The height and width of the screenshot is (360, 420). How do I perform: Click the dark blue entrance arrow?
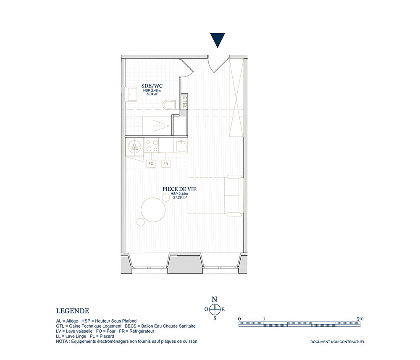(218, 40)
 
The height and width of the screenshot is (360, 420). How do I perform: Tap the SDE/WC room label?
(152, 86)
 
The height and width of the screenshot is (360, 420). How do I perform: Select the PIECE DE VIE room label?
(179, 189)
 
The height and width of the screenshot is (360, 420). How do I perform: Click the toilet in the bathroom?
(169, 105)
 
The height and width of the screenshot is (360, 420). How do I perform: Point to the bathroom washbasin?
(131, 94)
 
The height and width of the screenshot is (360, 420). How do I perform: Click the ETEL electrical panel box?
(184, 102)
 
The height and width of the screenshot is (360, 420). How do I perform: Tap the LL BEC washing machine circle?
(135, 147)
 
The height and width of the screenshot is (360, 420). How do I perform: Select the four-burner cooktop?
(151, 146)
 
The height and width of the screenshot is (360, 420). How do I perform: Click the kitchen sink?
(181, 146)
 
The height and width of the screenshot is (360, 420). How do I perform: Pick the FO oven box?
(151, 163)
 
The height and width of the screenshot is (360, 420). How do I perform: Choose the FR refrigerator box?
(166, 163)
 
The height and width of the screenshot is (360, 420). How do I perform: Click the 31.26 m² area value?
(180, 197)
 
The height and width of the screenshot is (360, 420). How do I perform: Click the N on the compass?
(215, 300)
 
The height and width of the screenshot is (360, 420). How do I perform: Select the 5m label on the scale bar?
(360, 319)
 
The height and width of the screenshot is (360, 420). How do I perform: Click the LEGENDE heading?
(73, 311)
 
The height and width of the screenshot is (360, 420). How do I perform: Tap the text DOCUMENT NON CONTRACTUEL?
(338, 342)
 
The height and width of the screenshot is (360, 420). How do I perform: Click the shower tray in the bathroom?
(157, 126)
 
